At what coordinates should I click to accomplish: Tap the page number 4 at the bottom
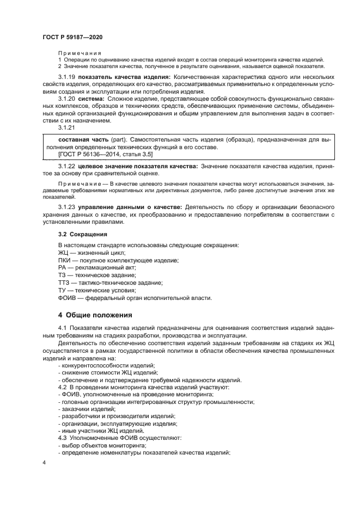pos(44,462)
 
